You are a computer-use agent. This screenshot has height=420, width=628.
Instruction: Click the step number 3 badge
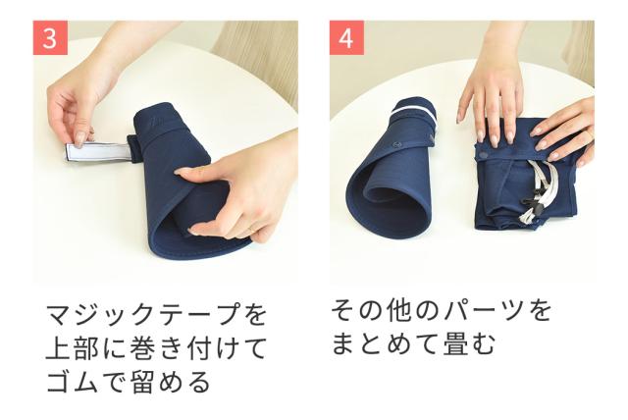coord(52,39)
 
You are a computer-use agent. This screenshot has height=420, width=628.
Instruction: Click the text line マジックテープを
coord(156,316)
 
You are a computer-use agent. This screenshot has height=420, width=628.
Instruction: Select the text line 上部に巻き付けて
coord(156,348)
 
